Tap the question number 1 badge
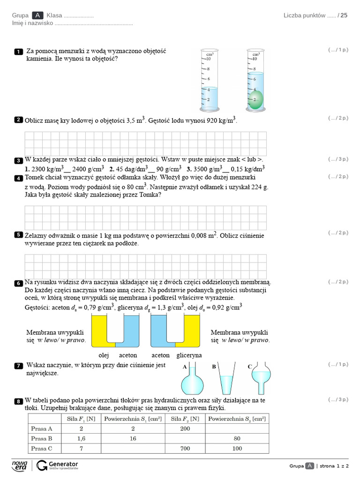[x=18, y=52]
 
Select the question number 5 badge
[x=18, y=235]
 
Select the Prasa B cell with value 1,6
[x=81, y=439]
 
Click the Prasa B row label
[x=42, y=439]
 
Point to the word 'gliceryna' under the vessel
[x=189, y=355]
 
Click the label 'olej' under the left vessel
[x=104, y=355]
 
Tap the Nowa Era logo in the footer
[x=20, y=465]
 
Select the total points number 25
[x=344, y=15]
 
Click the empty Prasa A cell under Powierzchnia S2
[x=238, y=428]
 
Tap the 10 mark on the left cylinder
[x=209, y=59]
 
